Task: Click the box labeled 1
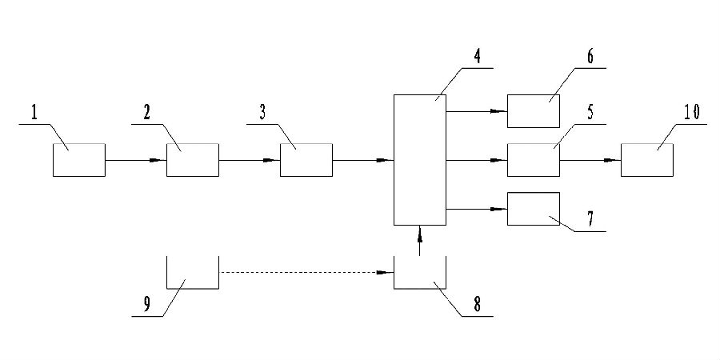[78, 160]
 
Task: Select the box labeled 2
[192, 160]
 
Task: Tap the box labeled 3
[306, 160]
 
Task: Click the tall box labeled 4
[419, 160]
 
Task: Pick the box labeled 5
[534, 160]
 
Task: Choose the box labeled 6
[534, 111]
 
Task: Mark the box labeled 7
[534, 209]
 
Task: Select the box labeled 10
[646, 160]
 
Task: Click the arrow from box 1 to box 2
[135, 160]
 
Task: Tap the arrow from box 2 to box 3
[249, 160]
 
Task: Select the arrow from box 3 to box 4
[362, 160]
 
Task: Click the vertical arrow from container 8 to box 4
[420, 241]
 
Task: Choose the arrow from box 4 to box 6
[477, 111]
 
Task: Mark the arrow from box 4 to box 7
[477, 209]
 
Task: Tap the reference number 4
[477, 58]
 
